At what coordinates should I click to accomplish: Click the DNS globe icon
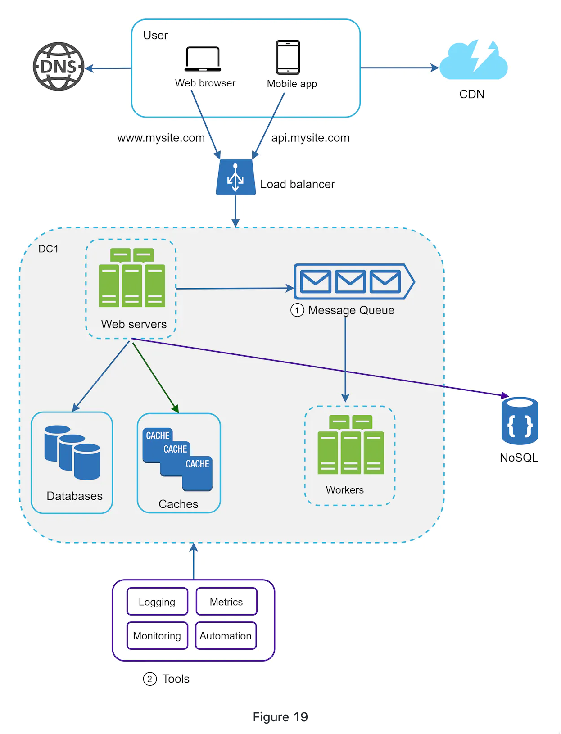click(x=59, y=67)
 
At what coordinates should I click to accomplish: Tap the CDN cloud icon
click(x=473, y=61)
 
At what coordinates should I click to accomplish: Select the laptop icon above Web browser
click(x=203, y=59)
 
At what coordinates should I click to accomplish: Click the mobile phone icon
click(x=288, y=57)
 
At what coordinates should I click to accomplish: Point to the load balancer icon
click(x=235, y=177)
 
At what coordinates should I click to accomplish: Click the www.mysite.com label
click(x=161, y=138)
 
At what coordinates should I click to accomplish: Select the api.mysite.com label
click(x=310, y=138)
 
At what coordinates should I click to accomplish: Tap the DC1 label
click(x=48, y=249)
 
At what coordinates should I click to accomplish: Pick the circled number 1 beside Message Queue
click(x=297, y=310)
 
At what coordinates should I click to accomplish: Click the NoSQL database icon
click(x=520, y=421)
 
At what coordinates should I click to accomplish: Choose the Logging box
click(x=157, y=602)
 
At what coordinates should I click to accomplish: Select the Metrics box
click(x=226, y=602)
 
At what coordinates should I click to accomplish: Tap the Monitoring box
click(x=157, y=636)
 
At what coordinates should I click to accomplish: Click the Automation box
click(x=226, y=636)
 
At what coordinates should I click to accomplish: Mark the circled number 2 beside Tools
click(x=150, y=679)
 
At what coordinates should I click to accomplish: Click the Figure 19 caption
click(x=280, y=717)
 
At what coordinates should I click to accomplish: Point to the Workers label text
click(x=344, y=490)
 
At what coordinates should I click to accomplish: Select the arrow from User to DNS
click(x=109, y=68)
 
